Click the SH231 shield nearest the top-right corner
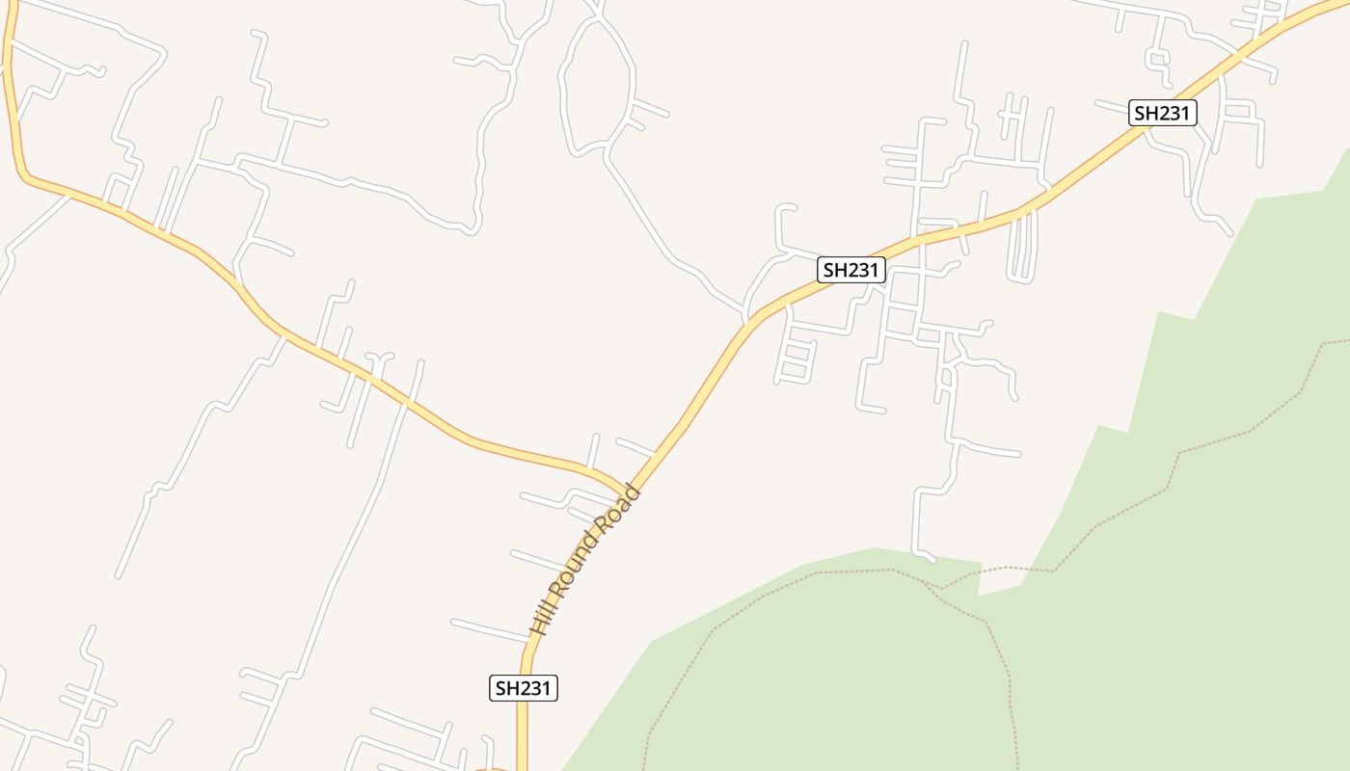tap(1162, 113)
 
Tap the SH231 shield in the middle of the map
tap(850, 270)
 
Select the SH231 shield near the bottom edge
tap(523, 688)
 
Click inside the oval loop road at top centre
tap(595, 92)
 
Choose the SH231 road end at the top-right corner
tap(1340, 5)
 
